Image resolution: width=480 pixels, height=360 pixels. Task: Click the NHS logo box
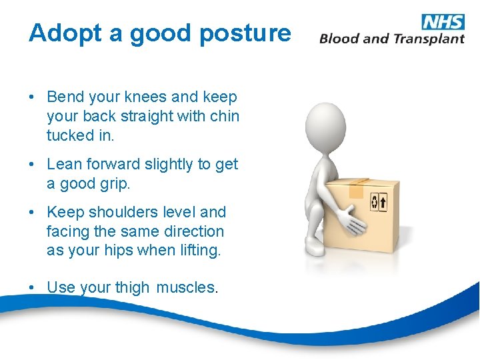[443, 21]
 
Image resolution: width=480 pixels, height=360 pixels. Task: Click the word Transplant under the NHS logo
[428, 39]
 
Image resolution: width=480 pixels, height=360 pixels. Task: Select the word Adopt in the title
[65, 33]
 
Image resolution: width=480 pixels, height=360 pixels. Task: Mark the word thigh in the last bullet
[131, 288]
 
